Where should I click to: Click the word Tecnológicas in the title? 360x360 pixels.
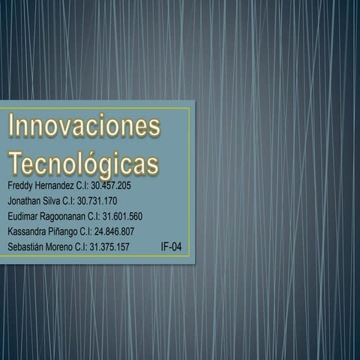click(83, 164)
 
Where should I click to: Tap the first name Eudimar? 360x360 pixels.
click(23, 216)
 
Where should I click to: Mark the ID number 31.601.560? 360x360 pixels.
click(122, 216)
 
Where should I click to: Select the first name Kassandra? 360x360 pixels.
click(28, 231)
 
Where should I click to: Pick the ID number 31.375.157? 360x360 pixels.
click(109, 247)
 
